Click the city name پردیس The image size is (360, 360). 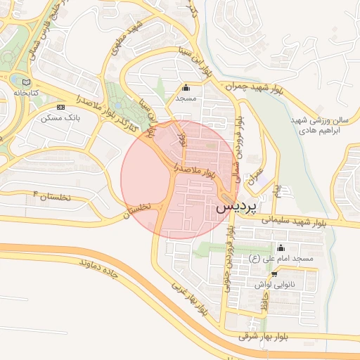(x=235, y=207)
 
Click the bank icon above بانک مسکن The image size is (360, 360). (x=61, y=107)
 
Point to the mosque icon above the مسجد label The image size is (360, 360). (x=186, y=88)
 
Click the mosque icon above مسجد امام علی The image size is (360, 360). (x=281, y=247)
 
